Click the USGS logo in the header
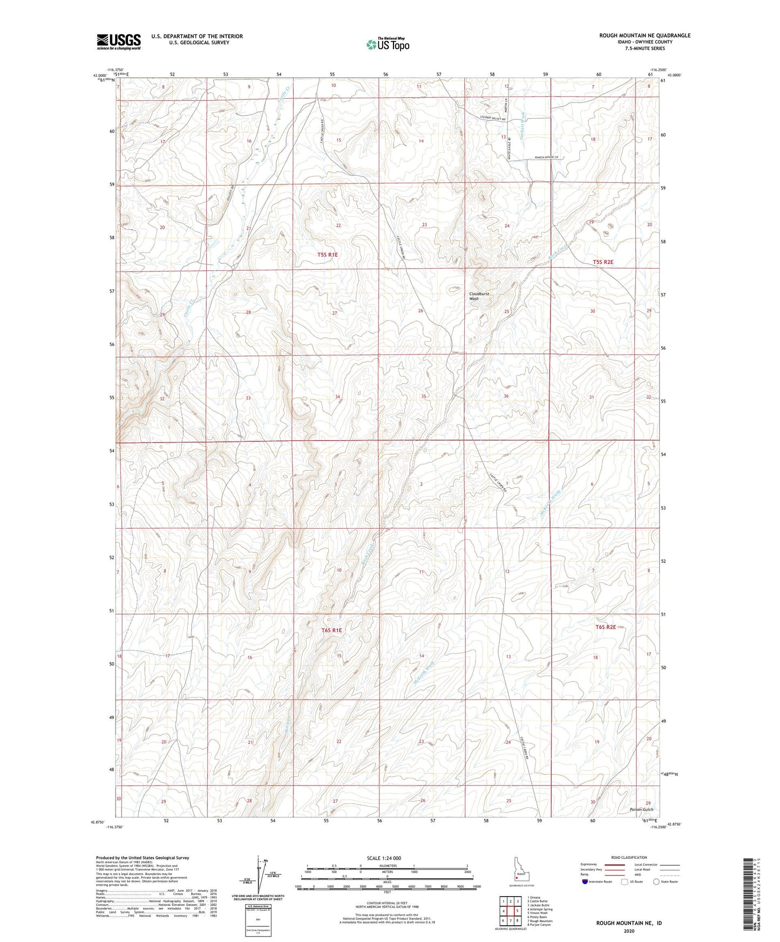coord(119,41)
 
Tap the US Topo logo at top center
coord(387,44)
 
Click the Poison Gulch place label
coord(641,810)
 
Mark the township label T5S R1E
coord(327,254)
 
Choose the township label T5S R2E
coord(603,262)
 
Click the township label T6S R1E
coord(331,630)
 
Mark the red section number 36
coord(506,396)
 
